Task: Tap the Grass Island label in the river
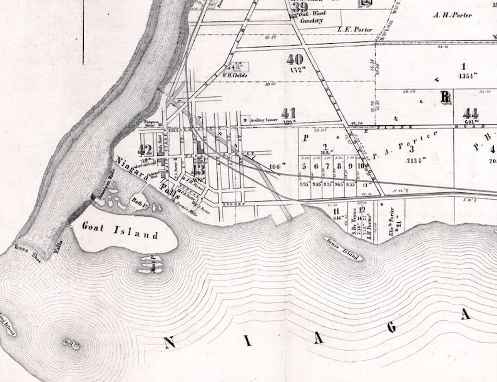(344, 249)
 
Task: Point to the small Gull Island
(71, 343)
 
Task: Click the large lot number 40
(294, 59)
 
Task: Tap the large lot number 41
(289, 113)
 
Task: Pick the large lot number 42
(145, 150)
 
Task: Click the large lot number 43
(198, 168)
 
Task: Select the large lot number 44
(471, 113)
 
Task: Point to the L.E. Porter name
(355, 28)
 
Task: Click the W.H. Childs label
(235, 75)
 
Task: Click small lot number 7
(327, 167)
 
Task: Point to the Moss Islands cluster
(153, 263)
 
